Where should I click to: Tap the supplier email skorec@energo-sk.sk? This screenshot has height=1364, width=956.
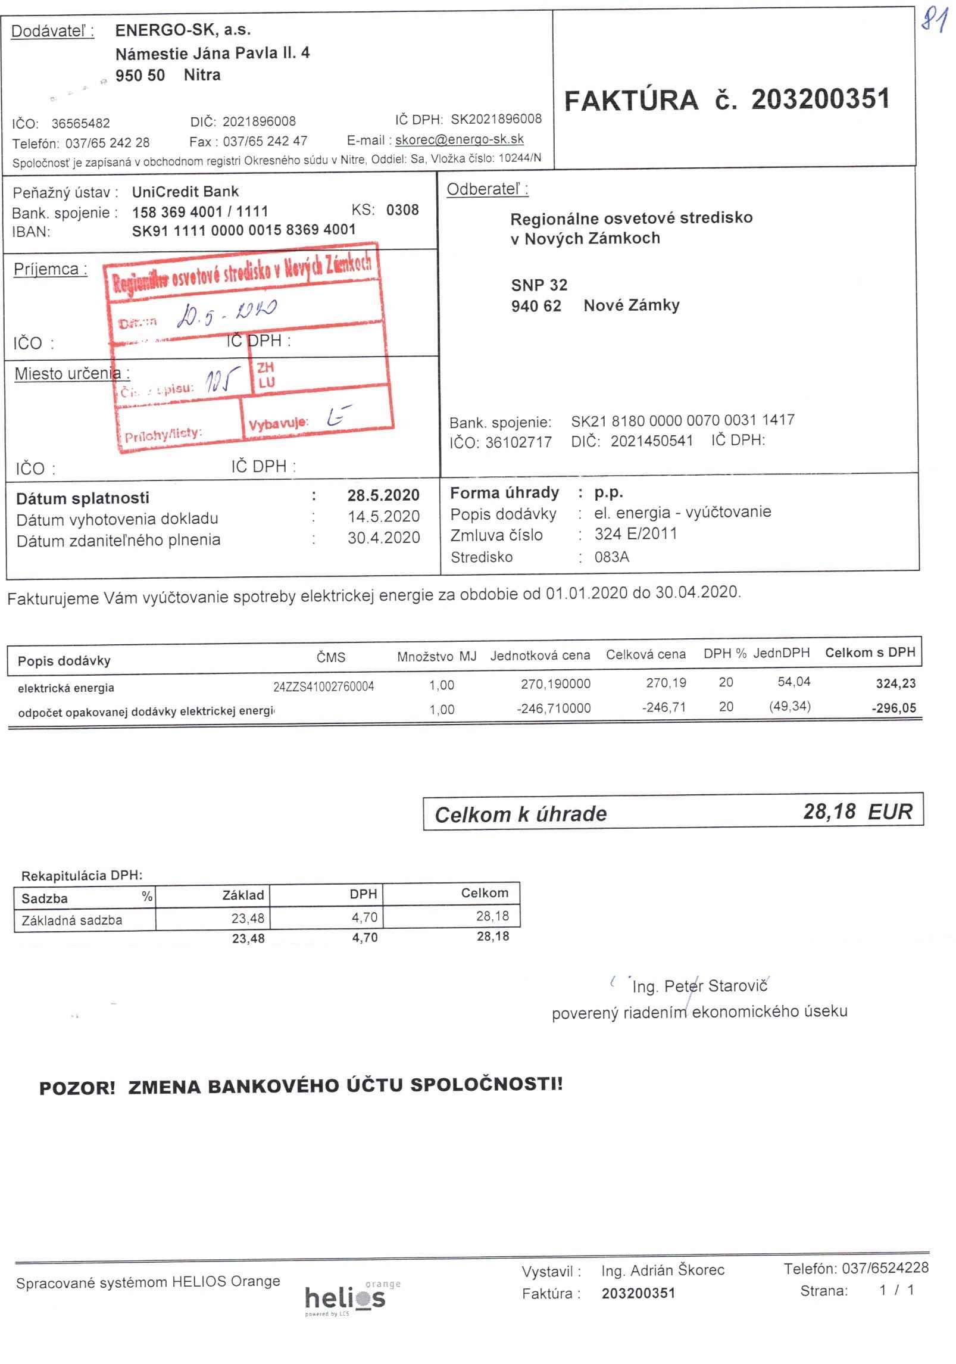459,139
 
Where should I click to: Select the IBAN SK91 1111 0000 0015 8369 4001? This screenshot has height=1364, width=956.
243,230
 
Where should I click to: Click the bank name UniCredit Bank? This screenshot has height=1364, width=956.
185,192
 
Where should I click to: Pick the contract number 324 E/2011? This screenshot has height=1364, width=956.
635,533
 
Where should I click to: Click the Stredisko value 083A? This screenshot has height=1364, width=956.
611,557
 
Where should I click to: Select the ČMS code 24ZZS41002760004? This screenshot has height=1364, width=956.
323,686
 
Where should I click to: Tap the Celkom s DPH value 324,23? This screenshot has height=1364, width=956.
895,683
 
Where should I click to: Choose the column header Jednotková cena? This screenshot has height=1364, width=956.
540,656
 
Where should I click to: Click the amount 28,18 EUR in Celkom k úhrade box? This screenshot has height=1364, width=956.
857,811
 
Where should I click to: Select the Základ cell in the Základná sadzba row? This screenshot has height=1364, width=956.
248,918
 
